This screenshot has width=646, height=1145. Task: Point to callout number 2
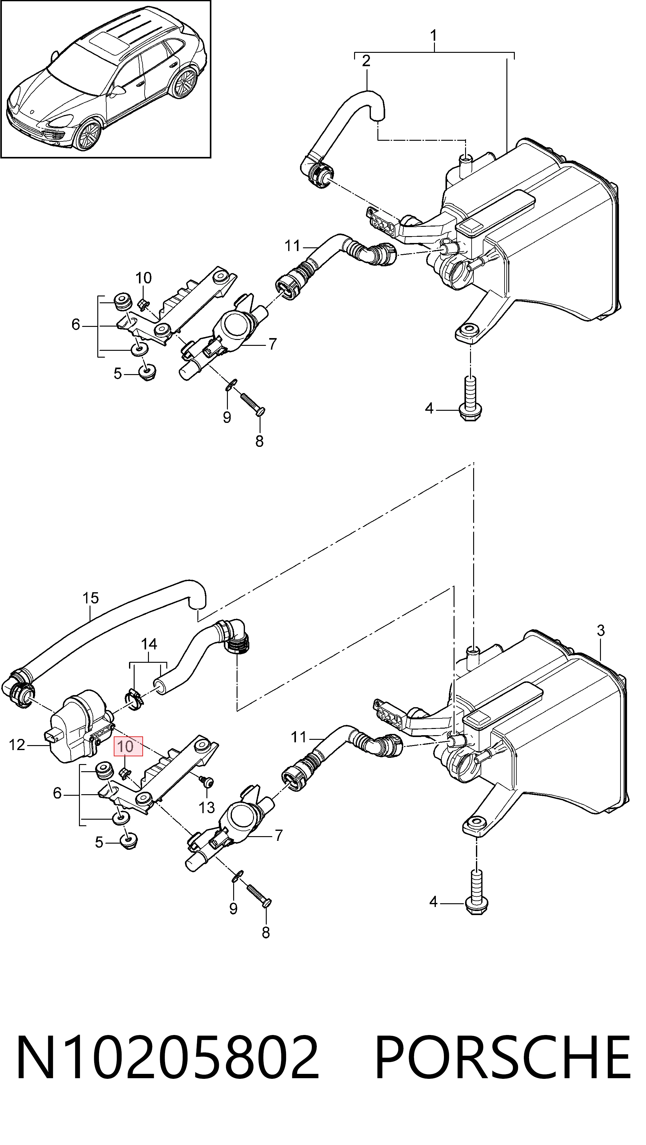366,61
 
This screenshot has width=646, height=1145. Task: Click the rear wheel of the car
184,82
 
